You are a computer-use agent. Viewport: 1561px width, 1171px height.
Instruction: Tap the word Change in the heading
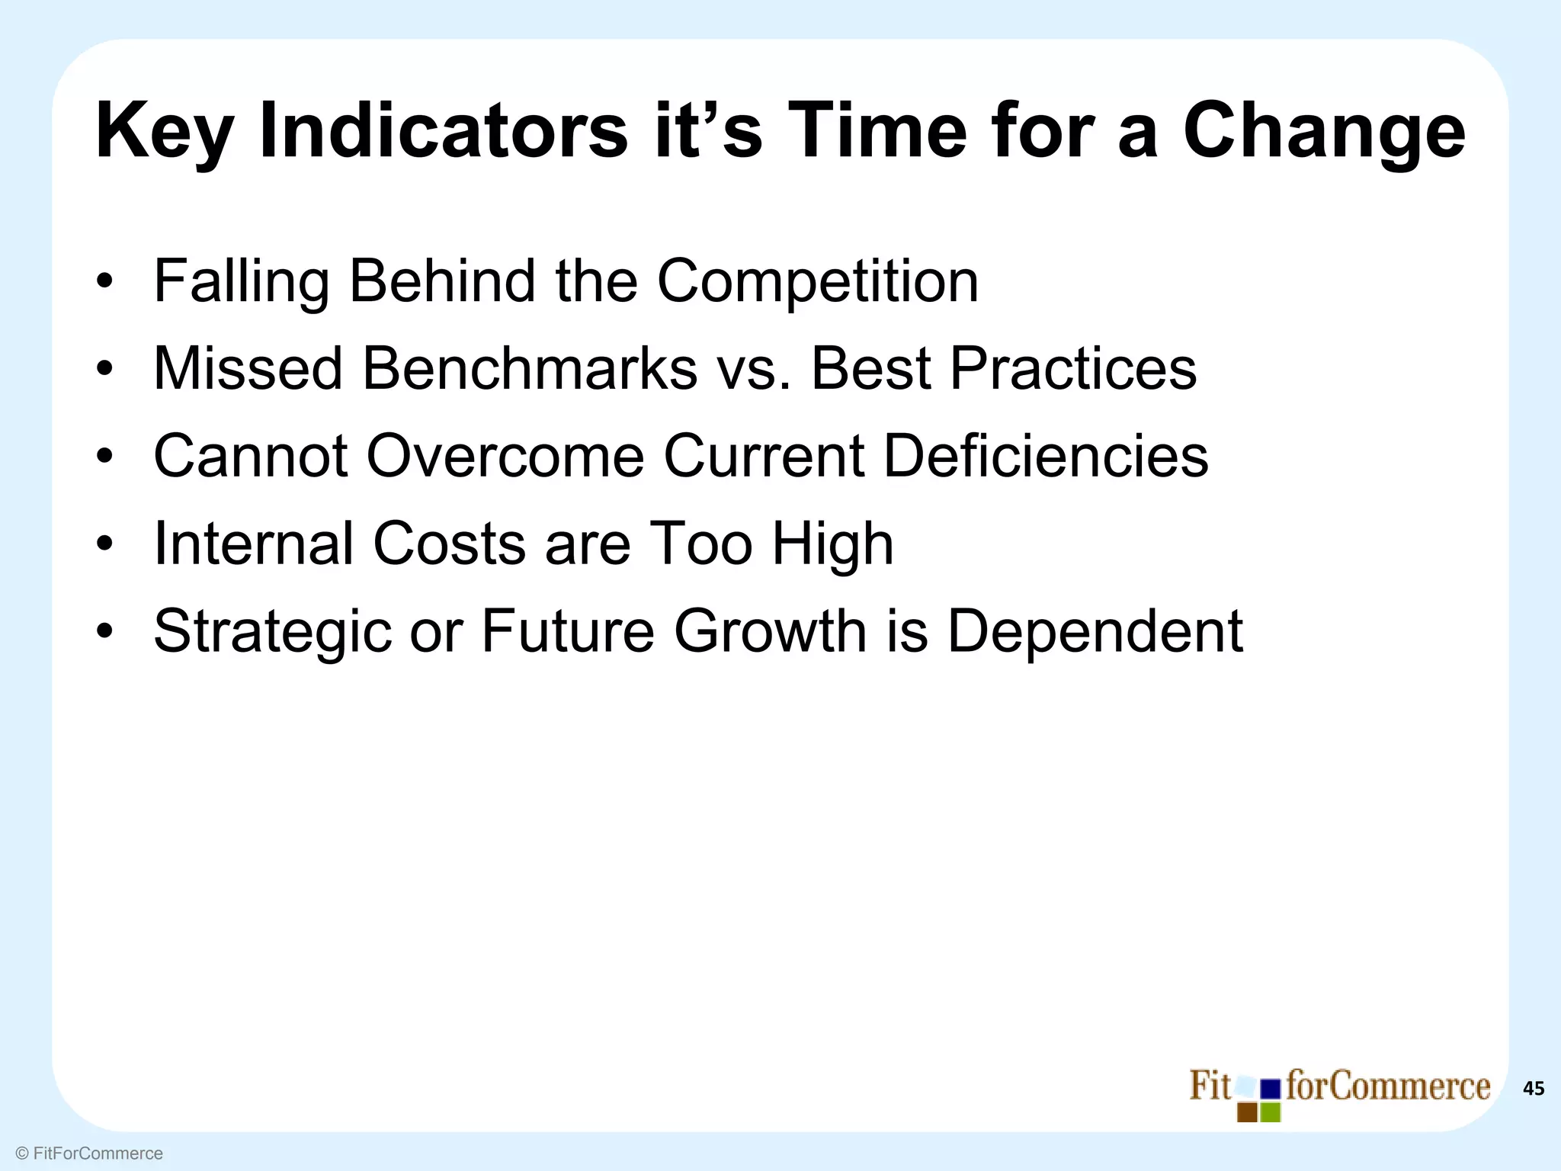pyautogui.click(x=1324, y=131)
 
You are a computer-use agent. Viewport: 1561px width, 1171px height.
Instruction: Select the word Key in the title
pyautogui.click(x=164, y=131)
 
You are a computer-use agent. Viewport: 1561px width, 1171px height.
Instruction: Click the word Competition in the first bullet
pyautogui.click(x=817, y=281)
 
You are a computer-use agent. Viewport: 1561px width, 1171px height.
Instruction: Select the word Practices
pyautogui.click(x=1073, y=369)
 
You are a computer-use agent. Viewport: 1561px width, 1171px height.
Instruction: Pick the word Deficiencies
pyautogui.click(x=1046, y=456)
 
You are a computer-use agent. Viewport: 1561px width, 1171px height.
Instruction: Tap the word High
pyautogui.click(x=832, y=544)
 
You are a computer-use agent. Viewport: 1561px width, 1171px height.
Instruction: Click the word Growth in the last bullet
pyautogui.click(x=771, y=631)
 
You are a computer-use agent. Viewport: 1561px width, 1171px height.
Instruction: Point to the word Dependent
pyautogui.click(x=1095, y=631)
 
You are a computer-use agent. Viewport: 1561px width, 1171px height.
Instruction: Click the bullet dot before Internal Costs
pyautogui.click(x=105, y=544)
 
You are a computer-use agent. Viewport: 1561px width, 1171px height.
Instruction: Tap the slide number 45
pyautogui.click(x=1533, y=1089)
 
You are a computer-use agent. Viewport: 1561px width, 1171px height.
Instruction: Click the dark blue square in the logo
pyautogui.click(x=1271, y=1089)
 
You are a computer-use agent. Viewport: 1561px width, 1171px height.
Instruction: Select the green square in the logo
pyautogui.click(x=1271, y=1112)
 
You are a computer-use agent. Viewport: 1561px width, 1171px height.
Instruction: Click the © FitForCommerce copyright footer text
pyautogui.click(x=89, y=1153)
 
